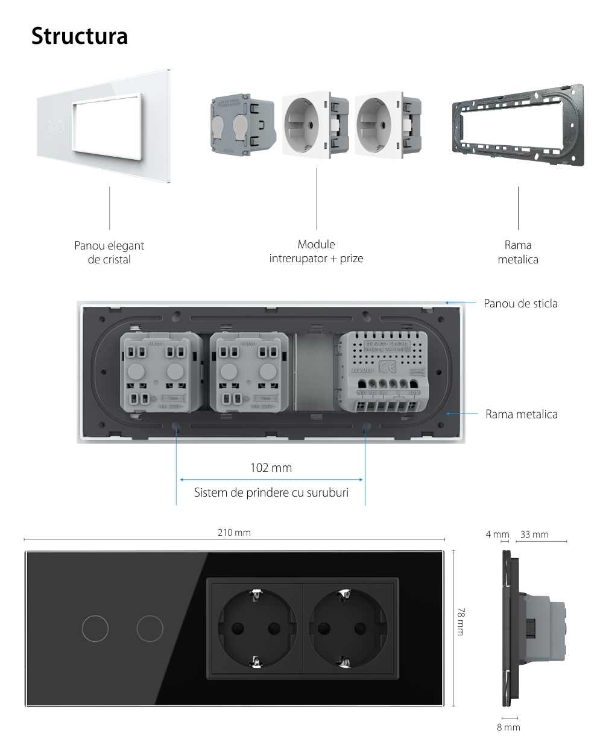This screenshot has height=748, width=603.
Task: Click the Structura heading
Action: (x=79, y=36)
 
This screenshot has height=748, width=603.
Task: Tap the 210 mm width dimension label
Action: (x=234, y=533)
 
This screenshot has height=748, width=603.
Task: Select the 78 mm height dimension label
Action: (x=461, y=621)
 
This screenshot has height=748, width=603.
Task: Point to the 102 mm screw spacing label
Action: (x=271, y=468)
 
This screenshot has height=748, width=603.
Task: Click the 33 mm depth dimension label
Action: (x=534, y=534)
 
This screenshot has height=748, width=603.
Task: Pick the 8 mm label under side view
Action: (x=508, y=727)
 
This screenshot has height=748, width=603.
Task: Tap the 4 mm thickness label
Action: (x=497, y=534)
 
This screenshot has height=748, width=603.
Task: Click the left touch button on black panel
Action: (x=95, y=629)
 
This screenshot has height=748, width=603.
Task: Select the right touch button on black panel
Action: (x=150, y=629)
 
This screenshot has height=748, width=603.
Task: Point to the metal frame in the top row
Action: (x=517, y=125)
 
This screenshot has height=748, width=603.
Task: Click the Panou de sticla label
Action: (x=520, y=303)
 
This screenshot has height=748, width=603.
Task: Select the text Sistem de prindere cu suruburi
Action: (x=271, y=492)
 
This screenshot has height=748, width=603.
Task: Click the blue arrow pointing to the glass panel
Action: (x=461, y=303)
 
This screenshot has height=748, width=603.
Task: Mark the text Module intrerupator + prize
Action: (x=316, y=252)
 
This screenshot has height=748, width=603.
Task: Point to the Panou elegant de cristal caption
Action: (x=109, y=253)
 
